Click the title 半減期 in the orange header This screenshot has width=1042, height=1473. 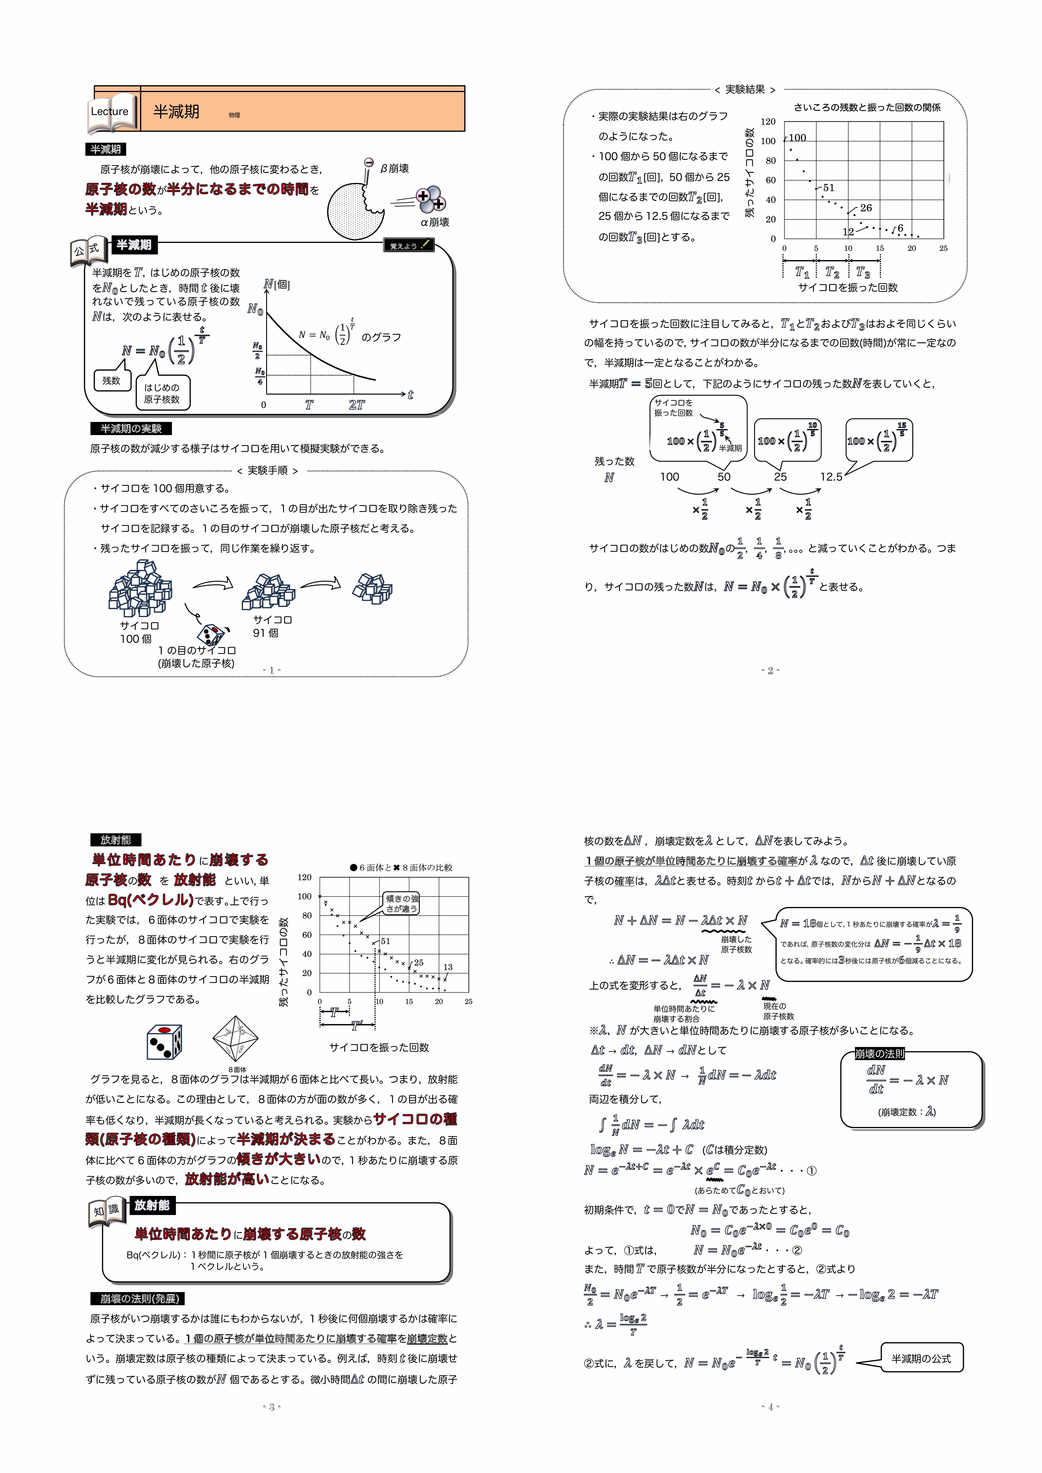point(176,112)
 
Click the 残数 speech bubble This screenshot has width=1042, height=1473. point(112,380)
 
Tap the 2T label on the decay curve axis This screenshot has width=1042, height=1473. point(357,405)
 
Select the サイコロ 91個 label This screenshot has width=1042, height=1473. point(272,626)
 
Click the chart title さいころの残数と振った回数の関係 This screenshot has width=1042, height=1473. point(867,107)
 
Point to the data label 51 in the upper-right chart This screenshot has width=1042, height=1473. point(828,187)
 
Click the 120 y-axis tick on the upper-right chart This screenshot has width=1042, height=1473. point(768,121)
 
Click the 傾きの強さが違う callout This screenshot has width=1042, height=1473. point(402,903)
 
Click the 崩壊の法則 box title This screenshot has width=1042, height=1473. point(880,1053)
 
